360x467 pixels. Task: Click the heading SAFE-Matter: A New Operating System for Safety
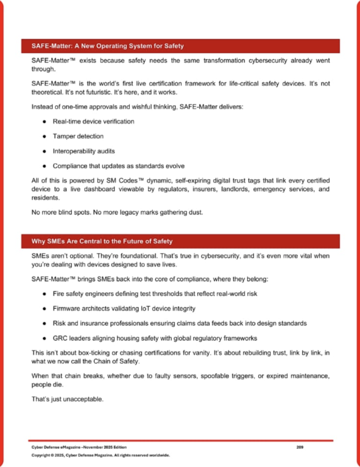coord(108,46)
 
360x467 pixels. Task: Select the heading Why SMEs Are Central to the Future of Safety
coord(102,241)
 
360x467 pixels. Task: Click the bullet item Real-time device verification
coord(93,122)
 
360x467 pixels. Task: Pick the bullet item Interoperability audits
coord(87,151)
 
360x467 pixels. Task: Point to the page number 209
coord(300,447)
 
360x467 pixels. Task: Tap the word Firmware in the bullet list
coord(67,309)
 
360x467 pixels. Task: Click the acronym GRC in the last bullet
coord(60,338)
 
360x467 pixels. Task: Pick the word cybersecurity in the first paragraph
coord(227,61)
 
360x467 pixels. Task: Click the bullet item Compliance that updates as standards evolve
coord(119,166)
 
